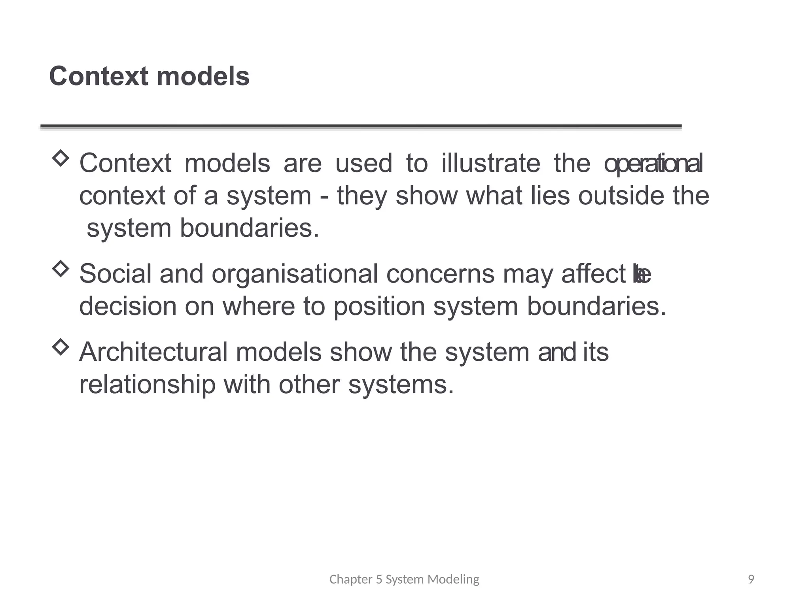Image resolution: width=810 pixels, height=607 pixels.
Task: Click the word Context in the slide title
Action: tap(98, 76)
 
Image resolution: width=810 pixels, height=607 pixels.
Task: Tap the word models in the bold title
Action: tap(203, 76)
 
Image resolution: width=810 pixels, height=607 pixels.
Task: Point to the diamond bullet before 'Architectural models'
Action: tap(61, 347)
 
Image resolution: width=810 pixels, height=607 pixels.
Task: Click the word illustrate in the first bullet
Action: tap(490, 163)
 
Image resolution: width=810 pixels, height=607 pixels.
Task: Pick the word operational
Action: tap(653, 164)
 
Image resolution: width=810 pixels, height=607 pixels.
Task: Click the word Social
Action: tap(115, 273)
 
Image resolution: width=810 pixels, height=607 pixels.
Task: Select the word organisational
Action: tap(295, 274)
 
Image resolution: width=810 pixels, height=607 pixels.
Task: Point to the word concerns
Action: tap(440, 273)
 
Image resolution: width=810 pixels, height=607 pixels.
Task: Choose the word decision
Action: tap(128, 306)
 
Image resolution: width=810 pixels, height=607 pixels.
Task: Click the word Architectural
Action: tap(153, 352)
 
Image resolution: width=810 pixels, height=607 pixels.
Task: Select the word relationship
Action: tap(148, 385)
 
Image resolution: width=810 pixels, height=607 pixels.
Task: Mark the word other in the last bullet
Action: tap(309, 385)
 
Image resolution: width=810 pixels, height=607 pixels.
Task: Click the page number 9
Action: tap(751, 579)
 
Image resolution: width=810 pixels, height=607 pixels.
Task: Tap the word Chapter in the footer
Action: tap(351, 579)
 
